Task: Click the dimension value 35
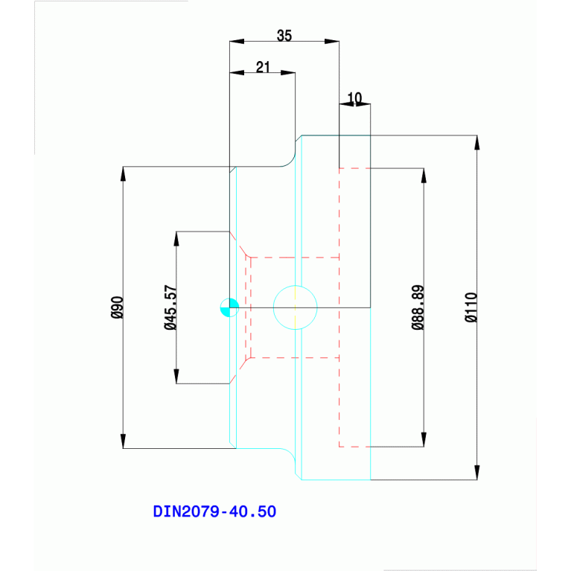(284, 35)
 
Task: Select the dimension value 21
(262, 66)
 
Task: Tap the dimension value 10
(354, 98)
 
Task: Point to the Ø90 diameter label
(116, 307)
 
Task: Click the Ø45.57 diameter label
(170, 307)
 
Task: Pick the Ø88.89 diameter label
(418, 307)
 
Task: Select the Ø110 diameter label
(470, 307)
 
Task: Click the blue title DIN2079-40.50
(214, 512)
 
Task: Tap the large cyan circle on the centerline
(296, 307)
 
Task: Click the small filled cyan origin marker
(229, 307)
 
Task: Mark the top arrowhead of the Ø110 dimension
(476, 143)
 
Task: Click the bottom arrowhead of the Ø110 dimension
(476, 472)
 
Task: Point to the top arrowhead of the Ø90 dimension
(123, 174)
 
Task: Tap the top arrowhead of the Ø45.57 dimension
(176, 239)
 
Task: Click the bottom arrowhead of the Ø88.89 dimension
(424, 439)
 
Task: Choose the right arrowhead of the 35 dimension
(332, 42)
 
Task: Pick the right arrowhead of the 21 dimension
(288, 73)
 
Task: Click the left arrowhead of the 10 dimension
(346, 104)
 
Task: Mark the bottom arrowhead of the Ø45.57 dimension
(176, 376)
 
